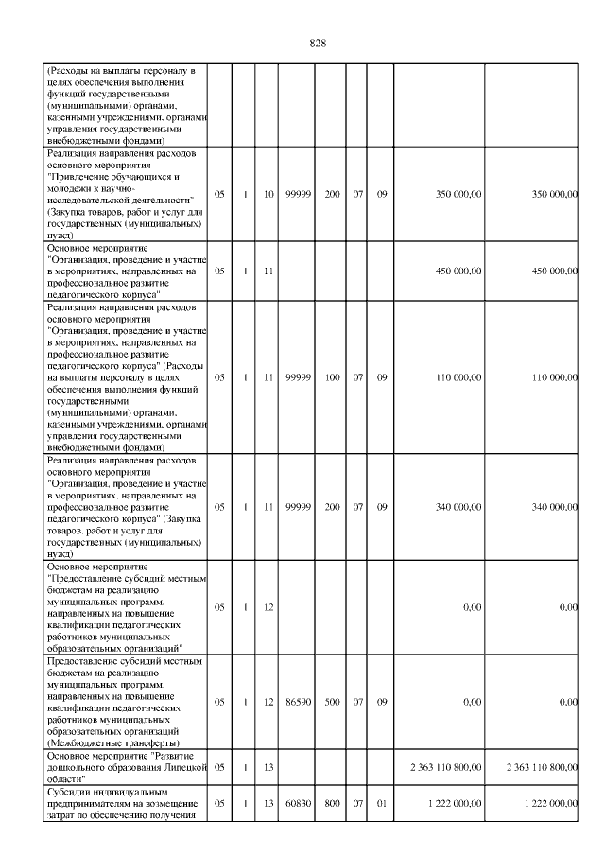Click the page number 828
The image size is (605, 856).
pyautogui.click(x=318, y=43)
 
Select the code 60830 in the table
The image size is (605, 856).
pyautogui.click(x=299, y=803)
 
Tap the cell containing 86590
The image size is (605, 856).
pyautogui.click(x=299, y=702)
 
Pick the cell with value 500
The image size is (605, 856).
pyautogui.click(x=333, y=702)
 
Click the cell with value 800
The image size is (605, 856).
pyautogui.click(x=333, y=803)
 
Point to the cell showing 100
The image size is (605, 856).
pyautogui.click(x=333, y=377)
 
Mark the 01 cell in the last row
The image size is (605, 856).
pyautogui.click(x=383, y=803)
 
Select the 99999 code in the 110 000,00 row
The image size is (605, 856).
pyautogui.click(x=299, y=377)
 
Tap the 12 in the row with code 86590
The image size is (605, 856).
pyautogui.click(x=268, y=702)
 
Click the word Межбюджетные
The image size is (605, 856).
pyautogui.click(x=78, y=742)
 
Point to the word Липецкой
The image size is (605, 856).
pyautogui.click(x=173, y=767)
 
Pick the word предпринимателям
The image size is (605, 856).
pyautogui.click(x=88, y=803)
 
